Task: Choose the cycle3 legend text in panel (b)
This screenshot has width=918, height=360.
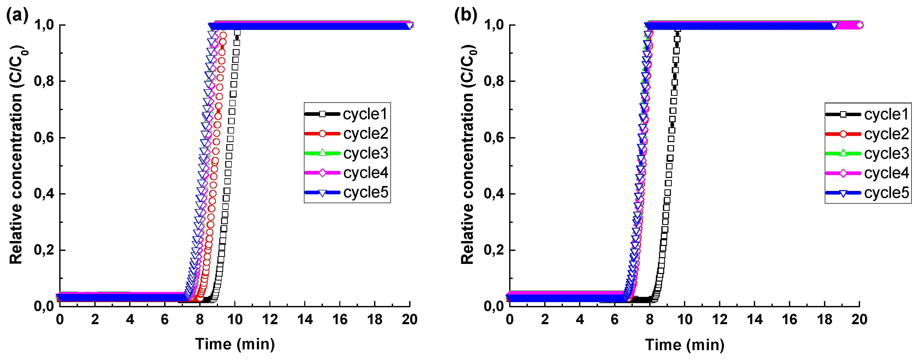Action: tap(886, 154)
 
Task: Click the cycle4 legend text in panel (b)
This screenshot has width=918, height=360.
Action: tap(886, 173)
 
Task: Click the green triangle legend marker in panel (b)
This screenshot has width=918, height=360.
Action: tap(843, 153)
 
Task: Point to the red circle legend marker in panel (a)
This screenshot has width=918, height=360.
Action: tap(322, 134)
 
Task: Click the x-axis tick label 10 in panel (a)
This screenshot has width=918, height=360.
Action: tap(235, 319)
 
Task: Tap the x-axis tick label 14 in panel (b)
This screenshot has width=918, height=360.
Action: tap(754, 319)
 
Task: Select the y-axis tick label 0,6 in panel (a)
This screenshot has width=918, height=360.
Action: tap(44, 138)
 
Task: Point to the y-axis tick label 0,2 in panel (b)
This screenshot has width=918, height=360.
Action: tap(494, 250)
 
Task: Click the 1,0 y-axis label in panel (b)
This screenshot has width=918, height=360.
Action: tap(494, 25)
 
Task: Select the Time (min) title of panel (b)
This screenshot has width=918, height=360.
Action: tap(684, 345)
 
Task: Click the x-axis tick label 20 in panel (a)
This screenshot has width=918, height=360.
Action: tap(409, 319)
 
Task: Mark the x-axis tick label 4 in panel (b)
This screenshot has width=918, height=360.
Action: tap(580, 319)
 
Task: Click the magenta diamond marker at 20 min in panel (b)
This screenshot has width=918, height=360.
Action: tap(860, 25)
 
